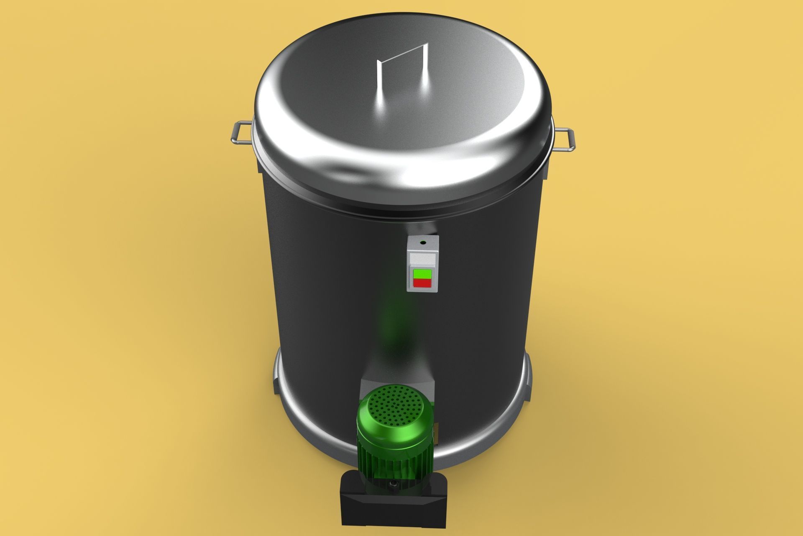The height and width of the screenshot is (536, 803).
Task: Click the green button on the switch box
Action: coord(422,274)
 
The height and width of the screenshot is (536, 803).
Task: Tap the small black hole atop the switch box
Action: coord(423,242)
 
